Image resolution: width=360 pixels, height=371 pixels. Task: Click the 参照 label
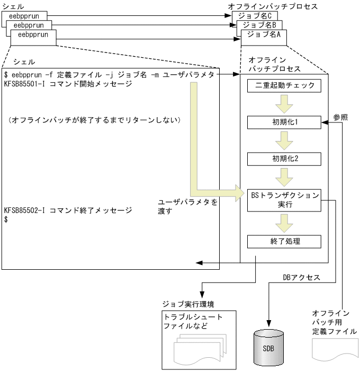340,117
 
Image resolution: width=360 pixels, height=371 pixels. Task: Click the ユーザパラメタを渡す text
188,206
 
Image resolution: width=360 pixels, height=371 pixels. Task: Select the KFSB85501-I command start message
67,84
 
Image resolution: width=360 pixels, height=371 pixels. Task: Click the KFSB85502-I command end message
67,210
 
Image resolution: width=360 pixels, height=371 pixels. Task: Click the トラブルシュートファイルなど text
194,321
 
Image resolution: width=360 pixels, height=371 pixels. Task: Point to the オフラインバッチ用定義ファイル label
331,322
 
